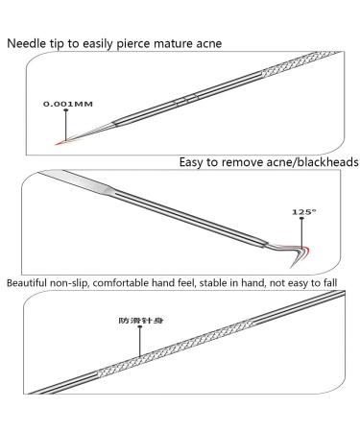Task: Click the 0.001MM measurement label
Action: (66, 103)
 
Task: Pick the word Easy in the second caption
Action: (194, 163)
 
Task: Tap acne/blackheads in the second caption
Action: (314, 163)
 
